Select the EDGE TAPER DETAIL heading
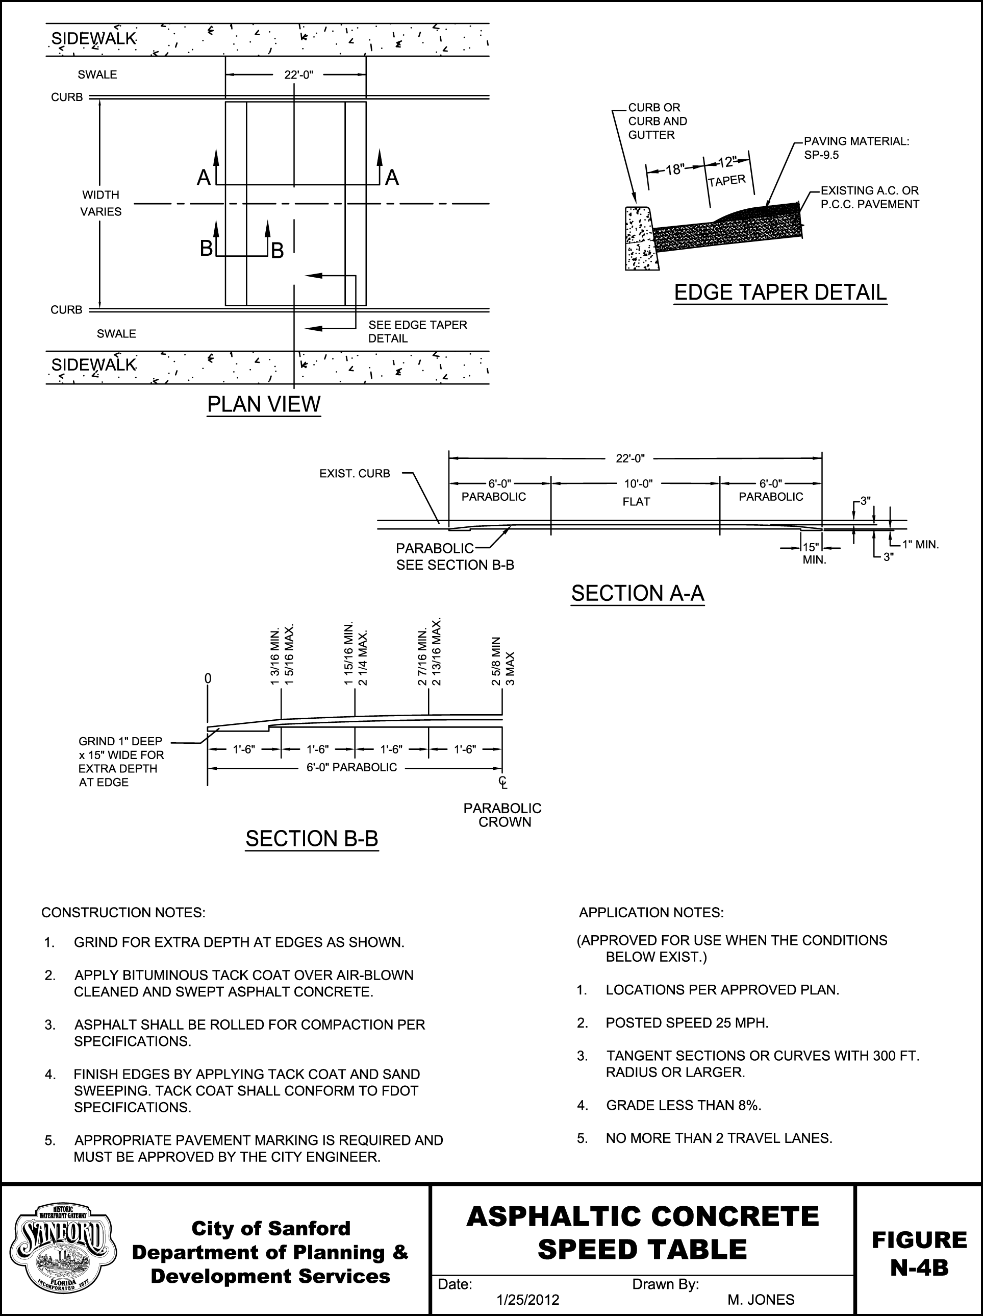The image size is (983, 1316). (x=780, y=292)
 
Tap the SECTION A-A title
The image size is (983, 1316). (x=638, y=593)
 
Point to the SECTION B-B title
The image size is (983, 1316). (x=312, y=838)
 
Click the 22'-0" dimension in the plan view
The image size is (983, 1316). (x=298, y=75)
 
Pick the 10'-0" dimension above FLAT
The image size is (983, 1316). (x=638, y=484)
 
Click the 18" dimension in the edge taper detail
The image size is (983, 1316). (x=675, y=169)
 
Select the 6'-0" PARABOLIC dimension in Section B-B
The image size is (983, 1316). (x=351, y=767)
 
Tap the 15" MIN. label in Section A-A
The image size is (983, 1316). (x=812, y=553)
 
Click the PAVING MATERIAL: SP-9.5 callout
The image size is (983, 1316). (x=856, y=148)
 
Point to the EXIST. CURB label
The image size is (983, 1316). (x=355, y=474)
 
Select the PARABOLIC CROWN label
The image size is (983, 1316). (x=502, y=815)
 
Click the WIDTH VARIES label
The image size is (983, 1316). (x=100, y=203)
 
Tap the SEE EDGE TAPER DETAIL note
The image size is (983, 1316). (x=417, y=331)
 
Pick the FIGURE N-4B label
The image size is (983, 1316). (x=919, y=1254)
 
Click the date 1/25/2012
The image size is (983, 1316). (x=527, y=1300)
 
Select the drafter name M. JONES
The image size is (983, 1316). (x=761, y=1300)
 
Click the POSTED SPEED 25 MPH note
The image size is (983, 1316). (x=687, y=1022)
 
